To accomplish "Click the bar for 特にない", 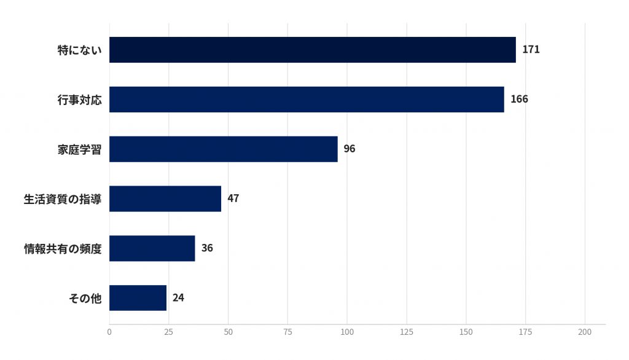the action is [x=313, y=50].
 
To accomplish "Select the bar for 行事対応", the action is [x=307, y=100].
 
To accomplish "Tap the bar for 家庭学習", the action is [x=224, y=149].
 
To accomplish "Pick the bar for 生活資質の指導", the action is [x=165, y=198].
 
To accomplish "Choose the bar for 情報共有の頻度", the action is [x=152, y=248].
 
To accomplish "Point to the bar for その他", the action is [x=138, y=298].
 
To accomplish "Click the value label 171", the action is [x=531, y=49].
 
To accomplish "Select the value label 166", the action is [x=519, y=99].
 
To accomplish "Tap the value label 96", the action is [x=350, y=149].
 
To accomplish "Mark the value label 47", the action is [x=233, y=198].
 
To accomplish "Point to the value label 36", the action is [x=207, y=248].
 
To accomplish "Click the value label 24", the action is [x=178, y=298].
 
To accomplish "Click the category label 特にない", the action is [x=79, y=50].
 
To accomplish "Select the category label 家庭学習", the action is [x=79, y=149].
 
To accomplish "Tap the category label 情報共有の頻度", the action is [x=63, y=249].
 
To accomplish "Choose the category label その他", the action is [x=85, y=298].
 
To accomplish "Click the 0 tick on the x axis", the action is [x=109, y=332].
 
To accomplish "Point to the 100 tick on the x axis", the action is [x=347, y=332].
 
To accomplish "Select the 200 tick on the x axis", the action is [x=585, y=332].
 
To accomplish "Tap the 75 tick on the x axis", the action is [x=287, y=332].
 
